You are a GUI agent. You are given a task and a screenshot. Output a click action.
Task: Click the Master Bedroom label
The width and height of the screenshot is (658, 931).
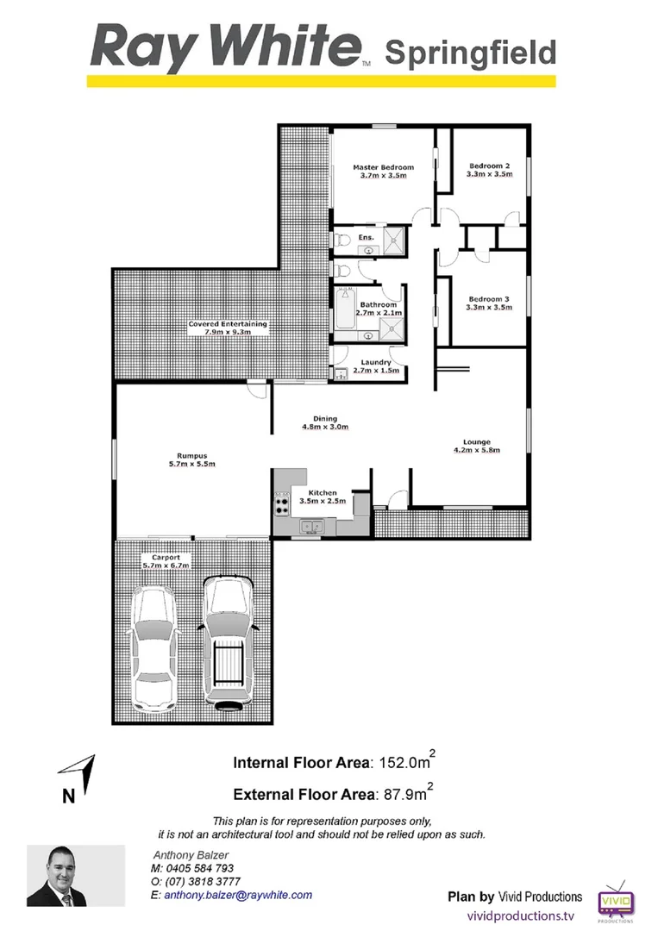[383, 167]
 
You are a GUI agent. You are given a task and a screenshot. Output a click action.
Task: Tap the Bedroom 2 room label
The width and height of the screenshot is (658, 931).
[490, 166]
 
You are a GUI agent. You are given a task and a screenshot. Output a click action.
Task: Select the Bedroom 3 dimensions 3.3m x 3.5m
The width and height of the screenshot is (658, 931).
[490, 306]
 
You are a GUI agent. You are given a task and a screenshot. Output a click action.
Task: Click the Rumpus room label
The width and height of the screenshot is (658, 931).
[190, 456]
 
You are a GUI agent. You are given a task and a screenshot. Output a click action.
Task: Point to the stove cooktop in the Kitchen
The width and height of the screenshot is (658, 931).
[281, 502]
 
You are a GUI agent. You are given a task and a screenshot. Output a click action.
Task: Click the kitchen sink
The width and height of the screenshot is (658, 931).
[310, 526]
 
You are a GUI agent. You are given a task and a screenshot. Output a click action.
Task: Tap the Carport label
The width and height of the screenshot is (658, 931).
[166, 558]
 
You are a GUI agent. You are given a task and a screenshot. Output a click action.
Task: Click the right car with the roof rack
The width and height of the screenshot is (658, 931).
[228, 642]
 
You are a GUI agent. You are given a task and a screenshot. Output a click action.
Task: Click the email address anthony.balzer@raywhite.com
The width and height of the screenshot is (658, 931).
[238, 896]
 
